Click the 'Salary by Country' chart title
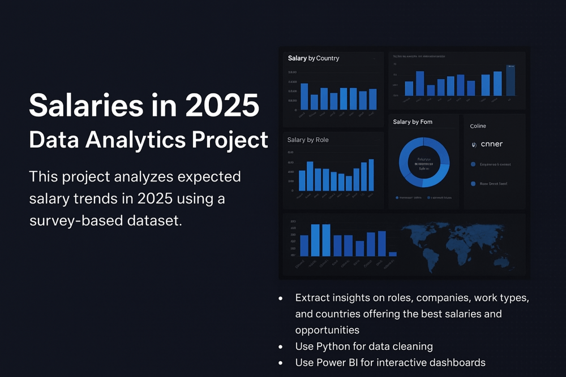tap(314, 58)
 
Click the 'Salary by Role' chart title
tap(308, 140)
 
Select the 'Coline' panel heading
tap(478, 126)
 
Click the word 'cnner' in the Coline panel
tap(491, 144)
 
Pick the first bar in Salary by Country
tap(304, 96)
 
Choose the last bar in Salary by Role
tap(371, 175)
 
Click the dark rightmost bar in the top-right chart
tap(511, 80)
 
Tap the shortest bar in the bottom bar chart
tap(393, 254)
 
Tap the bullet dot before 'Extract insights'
tap(281, 297)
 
